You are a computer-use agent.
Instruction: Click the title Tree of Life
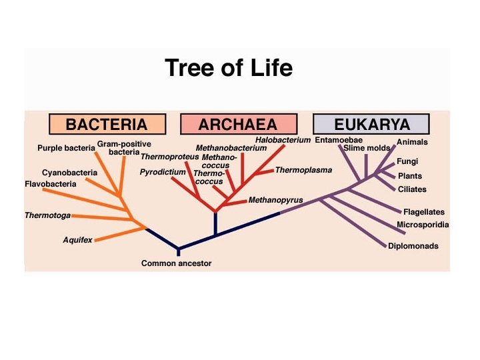(228, 68)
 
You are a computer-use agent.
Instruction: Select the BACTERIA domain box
(107, 125)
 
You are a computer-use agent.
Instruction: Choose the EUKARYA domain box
(371, 125)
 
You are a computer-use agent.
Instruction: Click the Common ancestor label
(176, 263)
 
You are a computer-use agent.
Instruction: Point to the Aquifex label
(77, 240)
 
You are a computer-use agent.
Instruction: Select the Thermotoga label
(47, 215)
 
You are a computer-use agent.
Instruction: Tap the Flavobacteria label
(50, 183)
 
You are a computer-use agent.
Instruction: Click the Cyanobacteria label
(69, 172)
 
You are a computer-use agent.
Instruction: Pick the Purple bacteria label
(66, 147)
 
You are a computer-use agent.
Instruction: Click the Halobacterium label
(283, 140)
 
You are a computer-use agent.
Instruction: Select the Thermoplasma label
(303, 170)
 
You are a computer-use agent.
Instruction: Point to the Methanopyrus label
(276, 200)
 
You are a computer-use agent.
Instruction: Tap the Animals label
(412, 142)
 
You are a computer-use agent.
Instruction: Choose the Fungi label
(407, 161)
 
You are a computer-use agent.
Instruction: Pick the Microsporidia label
(423, 225)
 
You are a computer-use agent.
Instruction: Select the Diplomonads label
(413, 246)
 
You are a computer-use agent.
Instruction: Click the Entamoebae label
(339, 140)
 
